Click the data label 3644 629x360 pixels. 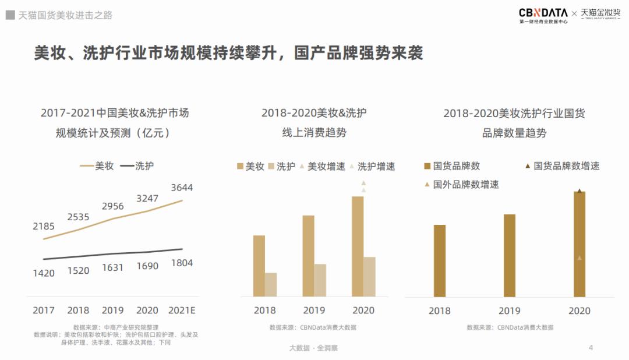[x=182, y=188]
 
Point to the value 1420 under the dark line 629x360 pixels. [x=44, y=273]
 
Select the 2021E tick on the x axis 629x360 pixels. [x=182, y=310]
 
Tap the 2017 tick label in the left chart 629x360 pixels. [x=44, y=310]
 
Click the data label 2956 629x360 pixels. [x=113, y=206]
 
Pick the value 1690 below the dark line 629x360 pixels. [x=147, y=266]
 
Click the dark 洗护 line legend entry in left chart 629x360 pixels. [x=137, y=166]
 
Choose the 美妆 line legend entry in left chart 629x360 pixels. [x=97, y=166]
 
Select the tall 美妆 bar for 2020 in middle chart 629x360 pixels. [x=358, y=246]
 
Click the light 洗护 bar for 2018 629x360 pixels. [x=271, y=284]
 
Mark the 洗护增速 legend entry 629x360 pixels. [x=372, y=167]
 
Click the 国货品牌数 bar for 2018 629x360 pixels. [x=440, y=261]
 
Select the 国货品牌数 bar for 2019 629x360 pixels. [x=510, y=256]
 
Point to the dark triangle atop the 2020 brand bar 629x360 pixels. [x=579, y=190]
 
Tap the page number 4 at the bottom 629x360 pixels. [x=591, y=348]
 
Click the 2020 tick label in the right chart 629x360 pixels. [x=579, y=311]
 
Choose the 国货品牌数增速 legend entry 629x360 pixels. [x=562, y=166]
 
